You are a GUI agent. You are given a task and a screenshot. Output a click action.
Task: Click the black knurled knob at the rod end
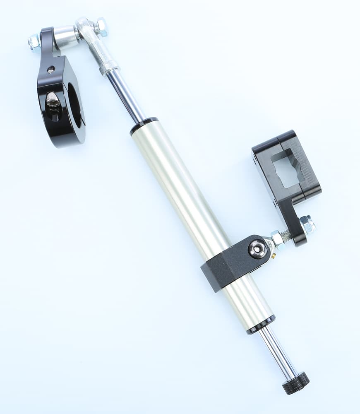tap(295, 383)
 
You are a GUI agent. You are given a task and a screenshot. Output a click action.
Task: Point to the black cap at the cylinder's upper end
tap(144, 126)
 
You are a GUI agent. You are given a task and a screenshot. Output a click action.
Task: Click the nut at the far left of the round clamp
tap(34, 41)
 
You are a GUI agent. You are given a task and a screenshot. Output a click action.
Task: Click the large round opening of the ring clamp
tap(74, 106)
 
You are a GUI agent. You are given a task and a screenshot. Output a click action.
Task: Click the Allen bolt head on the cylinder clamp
tap(257, 249)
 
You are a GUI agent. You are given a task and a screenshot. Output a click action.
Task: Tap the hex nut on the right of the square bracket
tap(307, 225)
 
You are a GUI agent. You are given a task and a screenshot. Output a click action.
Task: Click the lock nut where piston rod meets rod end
tap(108, 68)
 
